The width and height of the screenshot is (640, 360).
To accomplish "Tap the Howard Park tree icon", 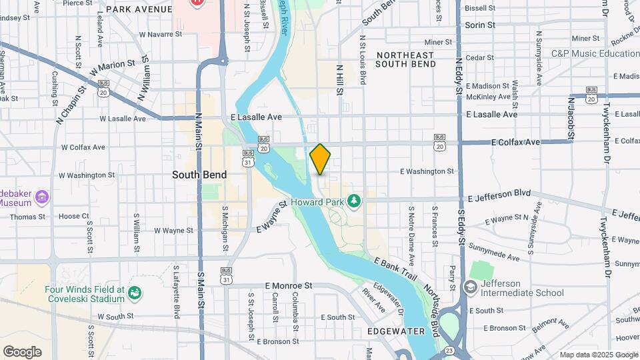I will [x=354, y=200].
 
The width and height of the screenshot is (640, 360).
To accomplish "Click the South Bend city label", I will [x=199, y=175].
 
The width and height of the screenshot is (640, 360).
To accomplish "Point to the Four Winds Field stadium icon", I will [x=135, y=293].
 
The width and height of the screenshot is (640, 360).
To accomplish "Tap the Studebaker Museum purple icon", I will [x=42, y=197].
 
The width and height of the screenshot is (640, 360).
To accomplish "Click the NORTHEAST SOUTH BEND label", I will [x=405, y=59].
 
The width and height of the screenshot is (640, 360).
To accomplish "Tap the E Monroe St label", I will [x=288, y=285].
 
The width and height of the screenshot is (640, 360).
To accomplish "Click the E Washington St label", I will [x=427, y=171].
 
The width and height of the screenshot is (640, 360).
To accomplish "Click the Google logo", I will [x=22, y=351].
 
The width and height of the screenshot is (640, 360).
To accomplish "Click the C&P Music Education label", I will [x=595, y=53].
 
